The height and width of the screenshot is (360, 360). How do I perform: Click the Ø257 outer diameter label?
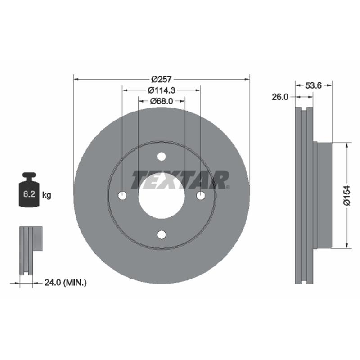pyautogui.click(x=162, y=79)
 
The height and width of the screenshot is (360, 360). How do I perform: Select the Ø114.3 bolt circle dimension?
pyautogui.click(x=162, y=90)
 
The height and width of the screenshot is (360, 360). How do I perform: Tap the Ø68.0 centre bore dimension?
pyautogui.click(x=162, y=101)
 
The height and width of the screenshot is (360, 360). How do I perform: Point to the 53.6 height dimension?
pyautogui.click(x=313, y=85)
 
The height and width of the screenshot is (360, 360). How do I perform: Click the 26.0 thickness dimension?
pyautogui.click(x=279, y=97)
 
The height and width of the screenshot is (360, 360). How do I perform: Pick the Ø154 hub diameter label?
pyautogui.click(x=346, y=195)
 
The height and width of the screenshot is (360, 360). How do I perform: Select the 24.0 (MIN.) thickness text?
pyautogui.click(x=66, y=283)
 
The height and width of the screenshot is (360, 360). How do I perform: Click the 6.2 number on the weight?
pyautogui.click(x=29, y=194)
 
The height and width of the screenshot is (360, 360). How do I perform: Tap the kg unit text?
pyautogui.click(x=47, y=195)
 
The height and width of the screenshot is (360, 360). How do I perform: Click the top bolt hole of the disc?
pyautogui.click(x=162, y=157)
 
